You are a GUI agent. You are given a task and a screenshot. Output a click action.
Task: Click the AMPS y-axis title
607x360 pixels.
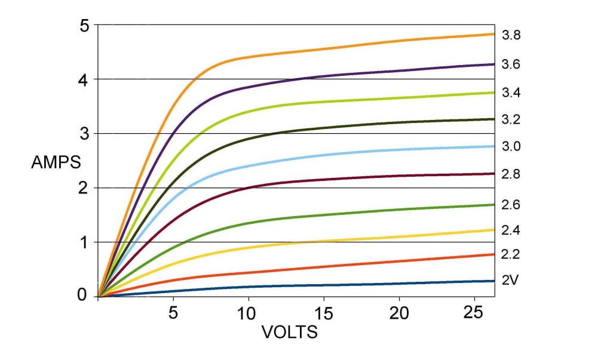point(55,162)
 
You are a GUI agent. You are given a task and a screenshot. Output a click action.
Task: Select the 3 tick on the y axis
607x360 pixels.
point(84,134)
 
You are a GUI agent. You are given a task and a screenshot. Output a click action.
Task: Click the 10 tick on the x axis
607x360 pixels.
point(248,313)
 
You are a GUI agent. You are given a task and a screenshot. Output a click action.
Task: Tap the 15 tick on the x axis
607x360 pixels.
point(323,313)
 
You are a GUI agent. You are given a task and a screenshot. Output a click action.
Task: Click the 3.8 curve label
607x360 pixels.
point(511,35)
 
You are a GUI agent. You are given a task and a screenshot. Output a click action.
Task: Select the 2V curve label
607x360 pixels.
point(510,280)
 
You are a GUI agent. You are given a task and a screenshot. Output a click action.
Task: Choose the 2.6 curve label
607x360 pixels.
point(511,205)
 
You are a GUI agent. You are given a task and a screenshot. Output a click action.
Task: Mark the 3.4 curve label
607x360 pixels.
point(511,93)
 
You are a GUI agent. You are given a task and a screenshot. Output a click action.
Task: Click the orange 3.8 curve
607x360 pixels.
point(358,46)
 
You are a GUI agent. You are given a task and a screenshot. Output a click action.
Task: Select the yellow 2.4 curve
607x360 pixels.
point(358,238)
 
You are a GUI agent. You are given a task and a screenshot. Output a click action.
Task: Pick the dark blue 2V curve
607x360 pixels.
point(358,284)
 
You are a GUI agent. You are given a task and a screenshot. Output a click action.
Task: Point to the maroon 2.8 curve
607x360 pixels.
point(358,177)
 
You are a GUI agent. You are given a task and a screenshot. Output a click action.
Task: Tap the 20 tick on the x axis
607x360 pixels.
point(399,313)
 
